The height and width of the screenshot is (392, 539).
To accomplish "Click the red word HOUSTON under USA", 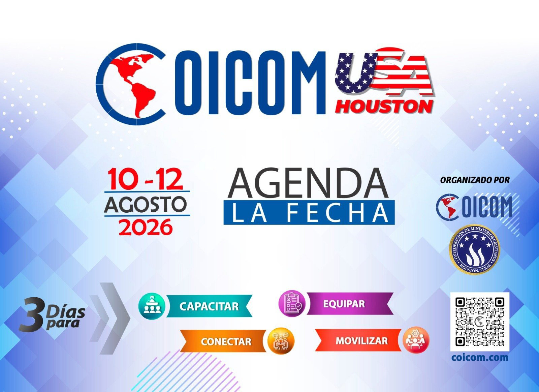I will tap(384, 107).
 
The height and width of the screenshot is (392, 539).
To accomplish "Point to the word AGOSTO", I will tap(145, 204).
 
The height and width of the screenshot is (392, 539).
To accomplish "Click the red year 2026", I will tap(145, 227).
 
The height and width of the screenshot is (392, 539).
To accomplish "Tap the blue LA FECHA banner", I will tap(309, 213).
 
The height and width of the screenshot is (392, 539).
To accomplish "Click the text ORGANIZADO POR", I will tap(475, 180).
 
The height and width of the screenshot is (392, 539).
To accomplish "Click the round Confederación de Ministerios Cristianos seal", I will tap(475, 248).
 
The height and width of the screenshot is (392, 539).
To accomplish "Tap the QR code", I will tap(479, 322).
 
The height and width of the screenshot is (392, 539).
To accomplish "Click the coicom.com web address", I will tap(479, 357).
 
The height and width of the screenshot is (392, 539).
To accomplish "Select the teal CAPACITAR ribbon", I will tap(209, 306).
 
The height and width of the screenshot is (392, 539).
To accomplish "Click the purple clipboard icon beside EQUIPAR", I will tap(292, 303).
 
